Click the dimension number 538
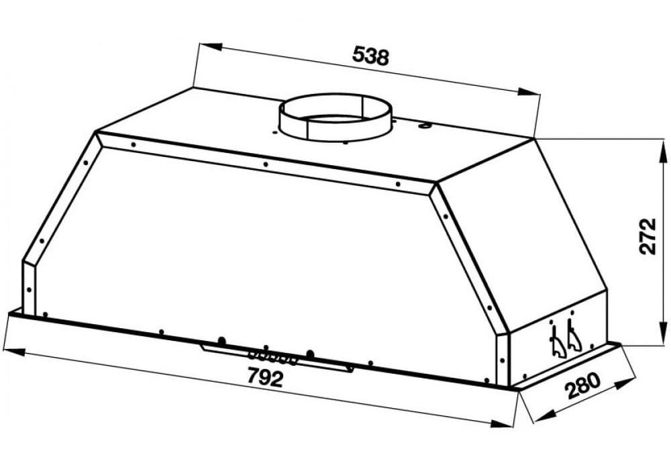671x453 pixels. (x=370, y=56)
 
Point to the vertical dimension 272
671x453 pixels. (x=647, y=236)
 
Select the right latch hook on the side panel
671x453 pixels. (x=573, y=338)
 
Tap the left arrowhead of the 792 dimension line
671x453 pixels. (x=9, y=350)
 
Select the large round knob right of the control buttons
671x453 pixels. (x=311, y=353)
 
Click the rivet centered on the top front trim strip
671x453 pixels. (x=266, y=163)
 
